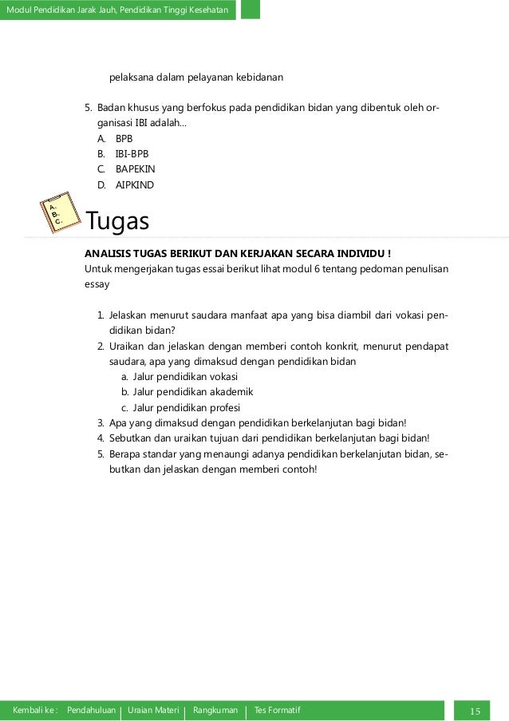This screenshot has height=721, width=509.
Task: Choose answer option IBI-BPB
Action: tap(132, 153)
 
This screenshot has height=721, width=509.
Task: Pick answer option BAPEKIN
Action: tap(135, 169)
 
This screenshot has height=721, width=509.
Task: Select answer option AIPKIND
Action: tap(134, 185)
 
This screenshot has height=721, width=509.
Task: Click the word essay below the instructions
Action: tap(97, 283)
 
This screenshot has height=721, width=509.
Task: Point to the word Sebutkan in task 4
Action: tap(128, 438)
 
